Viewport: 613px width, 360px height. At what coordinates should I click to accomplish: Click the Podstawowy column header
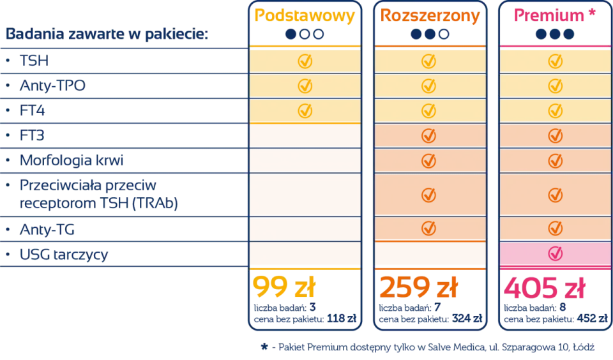click(x=305, y=16)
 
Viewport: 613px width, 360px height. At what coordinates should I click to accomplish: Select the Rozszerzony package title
click(x=430, y=16)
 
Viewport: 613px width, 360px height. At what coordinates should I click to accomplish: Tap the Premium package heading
click(x=549, y=15)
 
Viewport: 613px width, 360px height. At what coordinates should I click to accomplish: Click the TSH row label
click(x=34, y=61)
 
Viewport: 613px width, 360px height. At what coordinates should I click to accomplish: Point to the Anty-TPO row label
click(x=52, y=86)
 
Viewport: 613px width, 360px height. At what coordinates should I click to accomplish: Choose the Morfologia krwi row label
click(x=72, y=160)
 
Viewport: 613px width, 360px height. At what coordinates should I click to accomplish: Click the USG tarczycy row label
click(x=64, y=255)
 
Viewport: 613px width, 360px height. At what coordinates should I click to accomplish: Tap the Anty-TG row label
click(x=47, y=229)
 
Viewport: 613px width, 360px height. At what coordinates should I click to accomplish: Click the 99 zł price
click(x=284, y=287)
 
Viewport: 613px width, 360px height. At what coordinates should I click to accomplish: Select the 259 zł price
click(x=418, y=287)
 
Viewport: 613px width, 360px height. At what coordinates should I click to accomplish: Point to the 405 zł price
click(x=544, y=288)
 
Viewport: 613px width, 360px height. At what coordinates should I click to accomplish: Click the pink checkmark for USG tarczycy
click(x=555, y=253)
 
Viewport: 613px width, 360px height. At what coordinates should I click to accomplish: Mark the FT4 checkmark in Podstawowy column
click(x=305, y=110)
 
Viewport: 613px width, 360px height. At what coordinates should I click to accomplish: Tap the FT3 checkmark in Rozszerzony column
click(x=429, y=135)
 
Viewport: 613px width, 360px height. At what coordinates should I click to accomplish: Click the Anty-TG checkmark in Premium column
click(x=555, y=229)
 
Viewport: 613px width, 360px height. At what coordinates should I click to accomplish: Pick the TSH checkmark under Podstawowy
click(x=305, y=61)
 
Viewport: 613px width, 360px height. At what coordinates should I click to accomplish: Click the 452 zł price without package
click(x=593, y=319)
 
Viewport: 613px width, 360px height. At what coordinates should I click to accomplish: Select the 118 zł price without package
click(x=342, y=319)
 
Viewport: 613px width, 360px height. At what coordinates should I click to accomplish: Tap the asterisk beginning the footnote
click(x=264, y=347)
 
